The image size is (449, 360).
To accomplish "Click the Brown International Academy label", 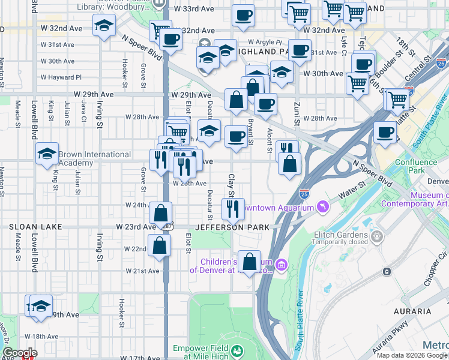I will click(94, 158).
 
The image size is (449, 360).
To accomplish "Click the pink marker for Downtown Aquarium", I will click(324, 207).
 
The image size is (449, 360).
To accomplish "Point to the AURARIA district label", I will click(412, 311).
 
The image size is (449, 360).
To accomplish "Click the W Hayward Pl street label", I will click(61, 77).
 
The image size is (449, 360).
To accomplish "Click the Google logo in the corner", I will click(20, 353).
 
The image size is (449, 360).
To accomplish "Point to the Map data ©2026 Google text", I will click(411, 355).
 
